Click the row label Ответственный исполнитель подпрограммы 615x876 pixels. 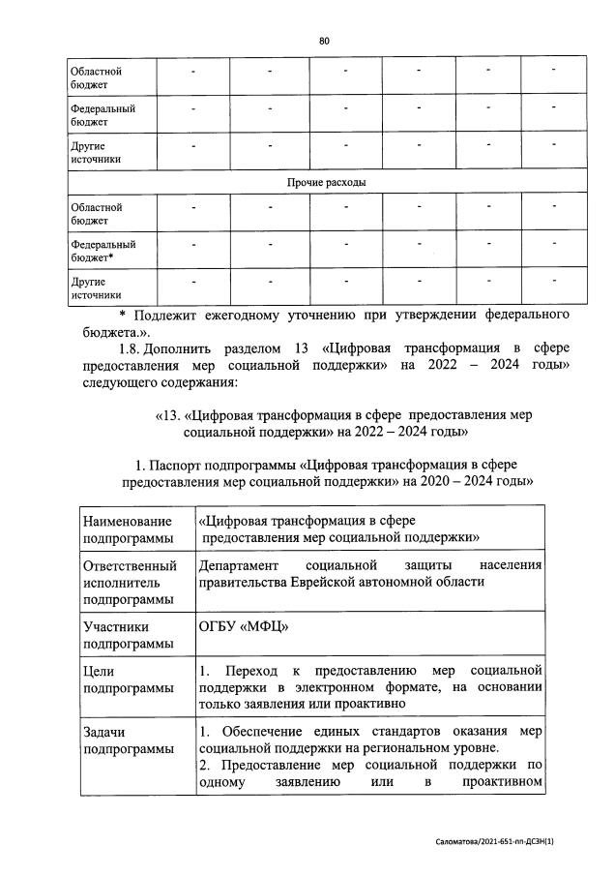click(x=130, y=582)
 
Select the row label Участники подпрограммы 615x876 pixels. click(x=120, y=635)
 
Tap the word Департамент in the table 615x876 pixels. click(x=239, y=565)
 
